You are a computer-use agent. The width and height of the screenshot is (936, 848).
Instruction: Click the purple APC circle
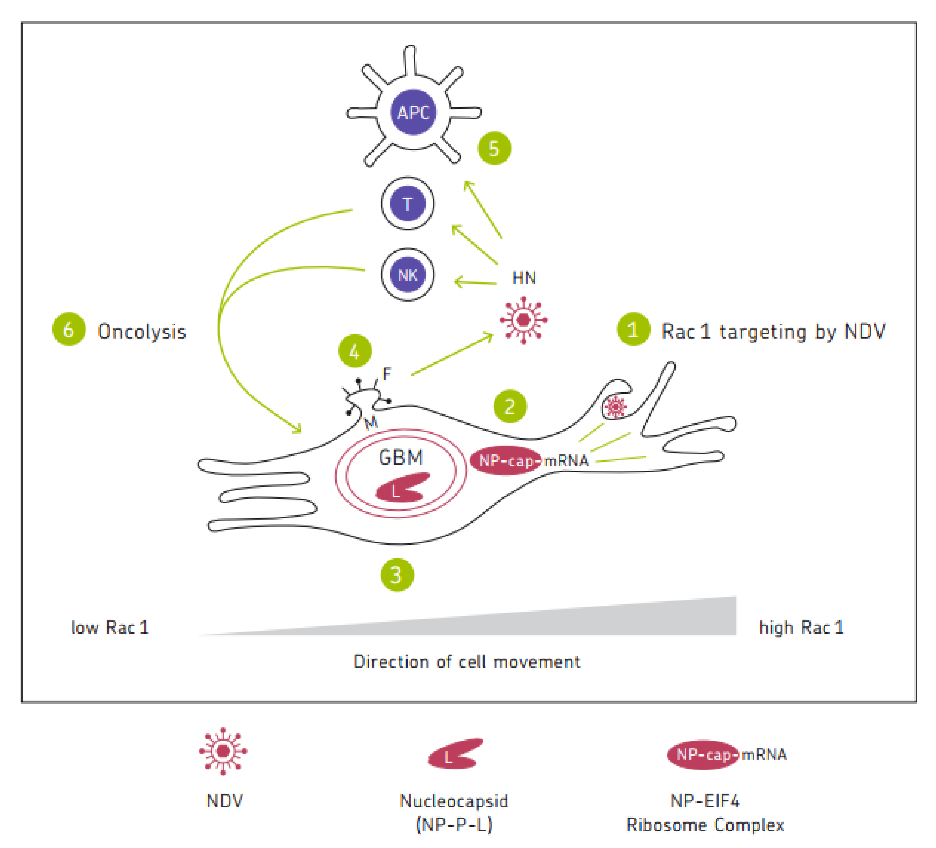(413, 112)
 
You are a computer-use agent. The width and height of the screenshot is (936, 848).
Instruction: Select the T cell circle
(408, 203)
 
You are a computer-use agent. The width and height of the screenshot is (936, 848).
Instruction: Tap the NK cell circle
(408, 274)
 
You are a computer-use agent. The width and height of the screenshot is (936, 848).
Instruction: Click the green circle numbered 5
(495, 148)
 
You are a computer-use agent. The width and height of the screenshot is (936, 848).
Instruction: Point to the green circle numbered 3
(397, 575)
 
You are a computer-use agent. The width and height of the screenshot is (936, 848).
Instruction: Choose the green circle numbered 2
(510, 406)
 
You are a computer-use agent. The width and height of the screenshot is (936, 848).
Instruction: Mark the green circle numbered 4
(355, 351)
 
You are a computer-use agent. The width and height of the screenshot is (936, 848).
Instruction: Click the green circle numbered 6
(69, 329)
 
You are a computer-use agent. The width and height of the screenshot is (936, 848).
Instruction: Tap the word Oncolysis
(142, 332)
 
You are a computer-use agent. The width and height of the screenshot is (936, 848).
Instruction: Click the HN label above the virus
(524, 278)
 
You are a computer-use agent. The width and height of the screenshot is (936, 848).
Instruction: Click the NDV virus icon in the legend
(223, 751)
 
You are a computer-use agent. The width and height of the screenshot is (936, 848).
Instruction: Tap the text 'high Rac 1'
(801, 628)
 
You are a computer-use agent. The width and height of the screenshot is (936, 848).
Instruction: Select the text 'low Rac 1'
(110, 628)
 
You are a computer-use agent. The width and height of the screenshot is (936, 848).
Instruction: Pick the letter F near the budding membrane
(387, 373)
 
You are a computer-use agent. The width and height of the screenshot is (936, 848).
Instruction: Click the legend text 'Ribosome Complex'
(705, 825)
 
